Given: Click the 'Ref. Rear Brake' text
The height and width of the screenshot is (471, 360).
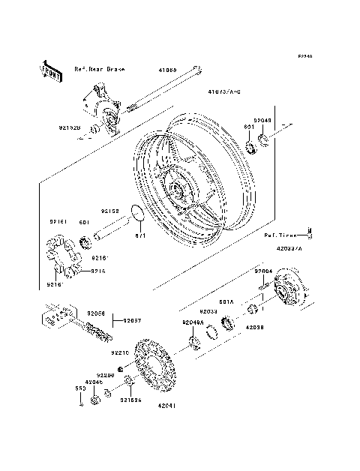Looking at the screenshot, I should point(99,68).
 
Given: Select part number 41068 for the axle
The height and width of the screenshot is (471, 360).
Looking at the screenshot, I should point(166,70).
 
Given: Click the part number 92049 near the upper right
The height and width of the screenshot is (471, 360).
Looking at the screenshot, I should point(262,119).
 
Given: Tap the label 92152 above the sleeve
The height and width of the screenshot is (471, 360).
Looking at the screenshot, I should point(111,211).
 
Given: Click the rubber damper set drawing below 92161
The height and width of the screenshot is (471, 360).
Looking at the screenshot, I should point(63,255).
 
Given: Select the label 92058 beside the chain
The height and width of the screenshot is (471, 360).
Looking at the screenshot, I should point(95,312).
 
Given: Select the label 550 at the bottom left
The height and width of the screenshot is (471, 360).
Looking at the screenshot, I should point(78,388).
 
